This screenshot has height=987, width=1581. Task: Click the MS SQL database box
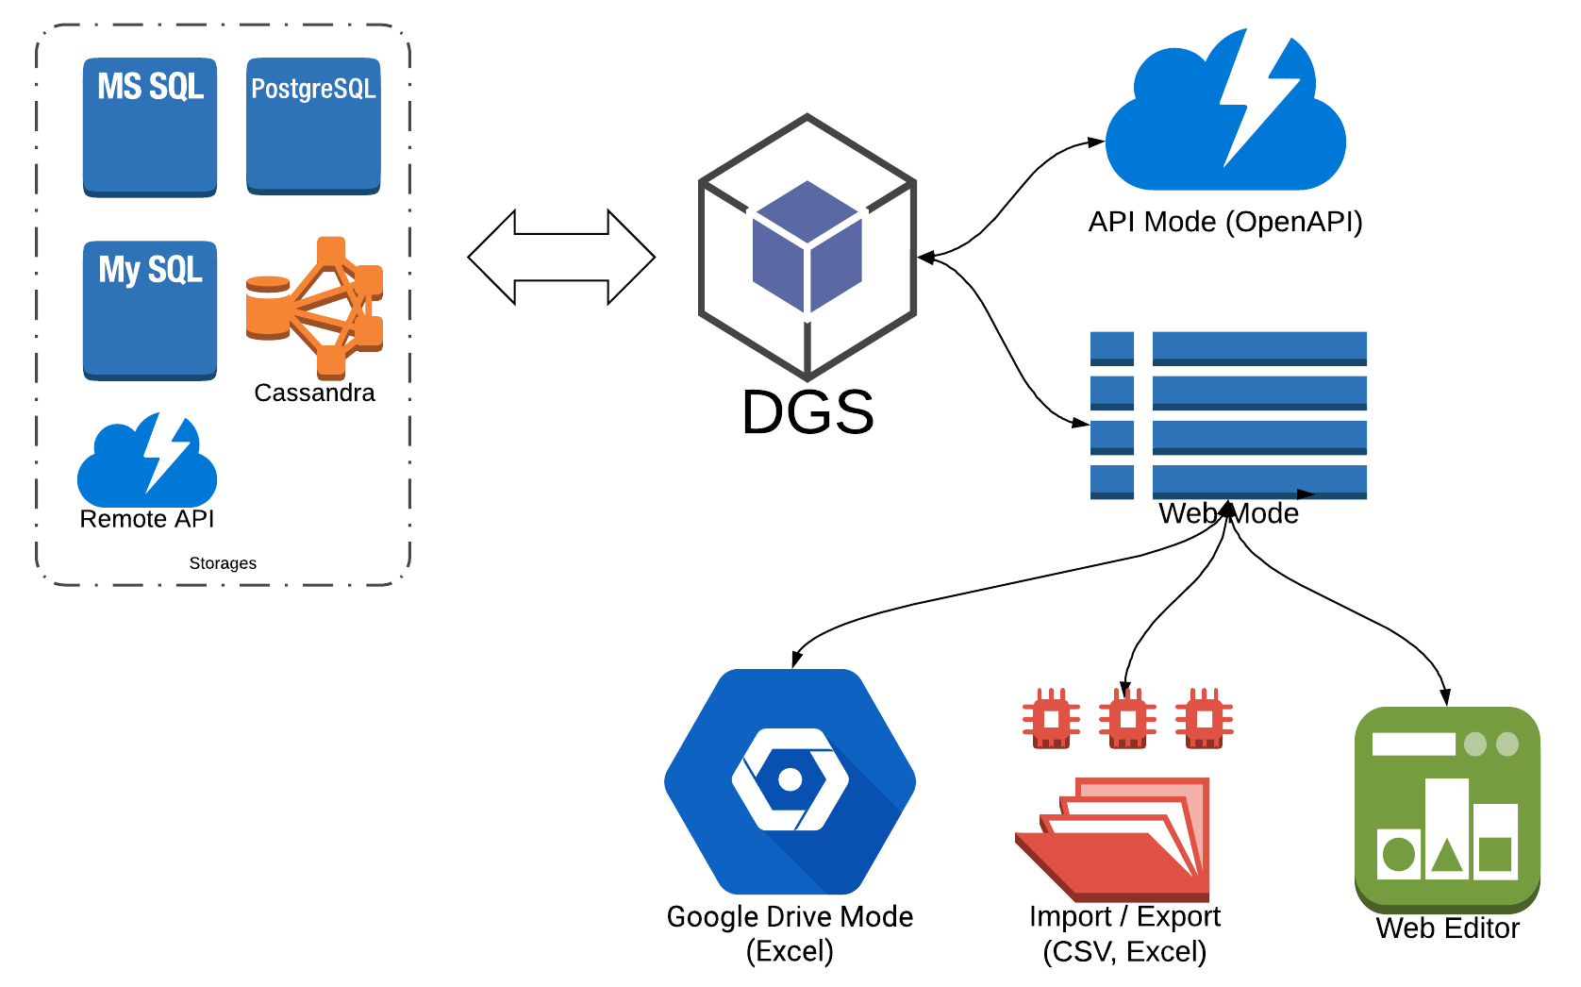pyautogui.click(x=150, y=127)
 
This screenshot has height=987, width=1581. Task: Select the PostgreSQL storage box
pyautogui.click(x=313, y=127)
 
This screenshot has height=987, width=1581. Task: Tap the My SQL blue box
pyautogui.click(x=150, y=310)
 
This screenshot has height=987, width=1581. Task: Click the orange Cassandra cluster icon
pyautogui.click(x=317, y=307)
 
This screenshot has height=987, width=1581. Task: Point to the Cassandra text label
pyautogui.click(x=314, y=393)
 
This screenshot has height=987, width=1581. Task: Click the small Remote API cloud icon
pyautogui.click(x=147, y=461)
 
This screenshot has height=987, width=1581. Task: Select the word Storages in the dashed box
pyautogui.click(x=223, y=563)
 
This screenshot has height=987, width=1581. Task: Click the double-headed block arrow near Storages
pyautogui.click(x=561, y=257)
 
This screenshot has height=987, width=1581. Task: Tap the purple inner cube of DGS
pyautogui.click(x=807, y=247)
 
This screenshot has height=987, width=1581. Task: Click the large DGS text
pyautogui.click(x=807, y=412)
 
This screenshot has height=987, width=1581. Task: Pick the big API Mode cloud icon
pyautogui.click(x=1224, y=118)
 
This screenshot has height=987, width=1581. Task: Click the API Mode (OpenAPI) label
pyautogui.click(x=1224, y=222)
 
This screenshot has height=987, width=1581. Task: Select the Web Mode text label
pyautogui.click(x=1228, y=514)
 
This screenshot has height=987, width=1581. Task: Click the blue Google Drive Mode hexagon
pyautogui.click(x=790, y=781)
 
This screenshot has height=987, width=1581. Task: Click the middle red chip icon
pyautogui.click(x=1127, y=719)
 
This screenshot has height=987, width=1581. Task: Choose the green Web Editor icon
pyautogui.click(x=1447, y=807)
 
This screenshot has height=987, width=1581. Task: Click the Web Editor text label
pyautogui.click(x=1447, y=928)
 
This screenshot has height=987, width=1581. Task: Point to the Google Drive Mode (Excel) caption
pyautogui.click(x=790, y=933)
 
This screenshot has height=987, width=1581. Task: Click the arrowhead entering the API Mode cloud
pyautogui.click(x=1096, y=142)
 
